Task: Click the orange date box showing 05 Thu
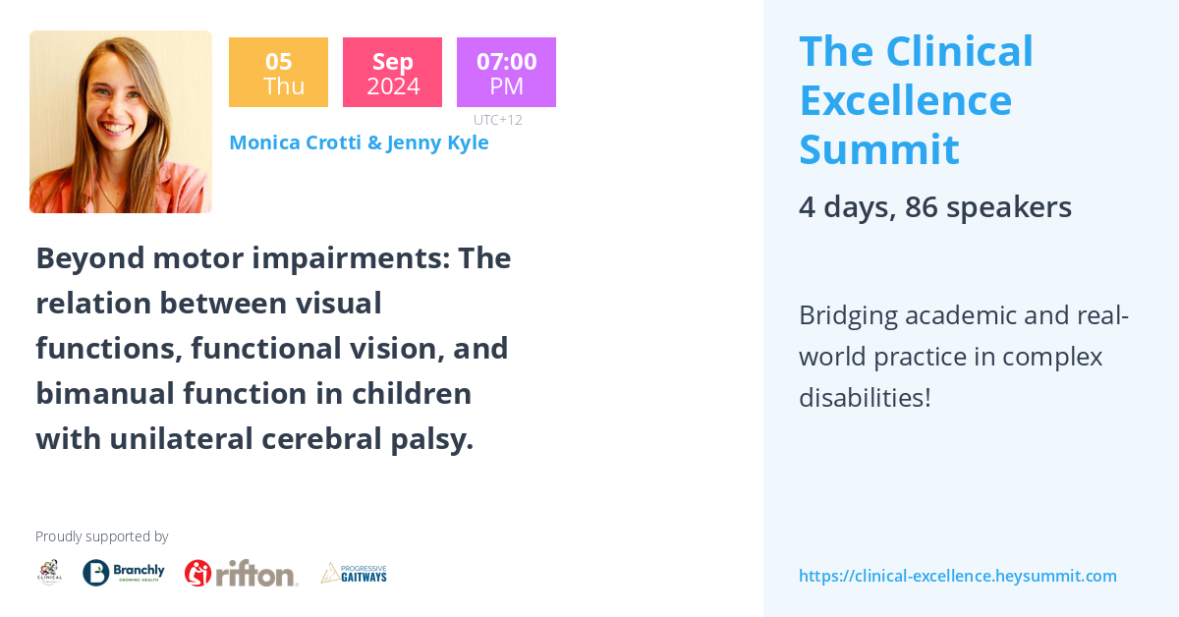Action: (278, 73)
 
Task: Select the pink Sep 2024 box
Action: (392, 73)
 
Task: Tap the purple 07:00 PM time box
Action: (506, 73)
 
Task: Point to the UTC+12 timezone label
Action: (497, 120)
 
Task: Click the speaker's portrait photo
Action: (121, 122)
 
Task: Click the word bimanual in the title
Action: (104, 394)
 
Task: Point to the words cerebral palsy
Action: (367, 439)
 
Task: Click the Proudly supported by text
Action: (101, 536)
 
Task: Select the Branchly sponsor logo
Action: (123, 573)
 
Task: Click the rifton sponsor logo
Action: (241, 573)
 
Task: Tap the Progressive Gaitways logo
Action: (354, 573)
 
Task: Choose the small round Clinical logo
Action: (49, 573)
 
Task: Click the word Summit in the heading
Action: (878, 149)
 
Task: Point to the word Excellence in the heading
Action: (905, 100)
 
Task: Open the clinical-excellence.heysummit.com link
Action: (957, 576)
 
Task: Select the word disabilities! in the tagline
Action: (865, 398)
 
